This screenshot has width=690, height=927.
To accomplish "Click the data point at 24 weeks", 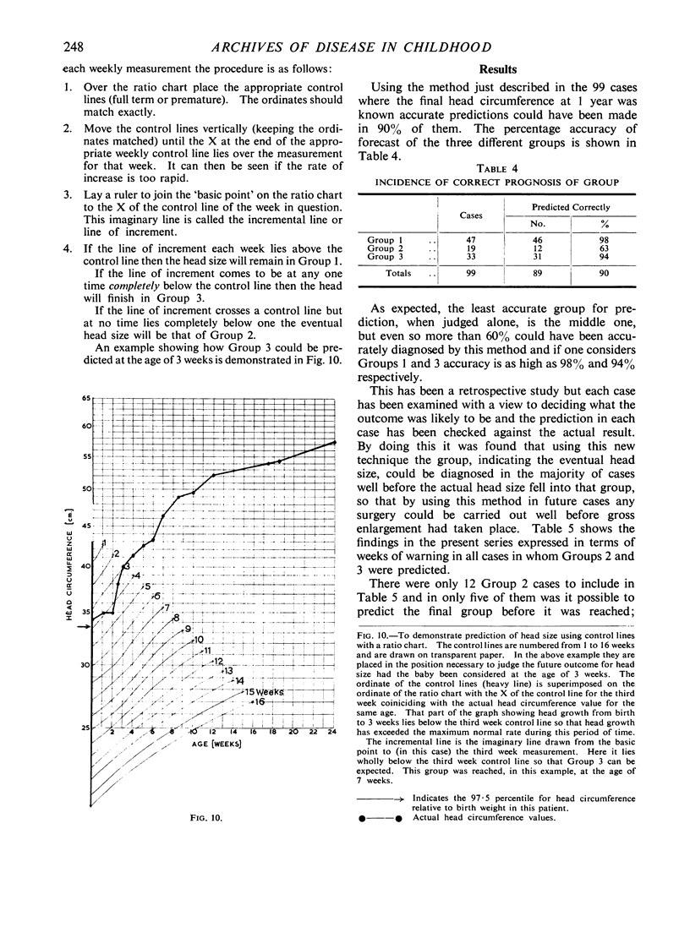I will point(334,443).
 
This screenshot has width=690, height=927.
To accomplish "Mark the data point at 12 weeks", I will point(212,475).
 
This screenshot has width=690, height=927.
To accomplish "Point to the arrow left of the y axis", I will point(81,626).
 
